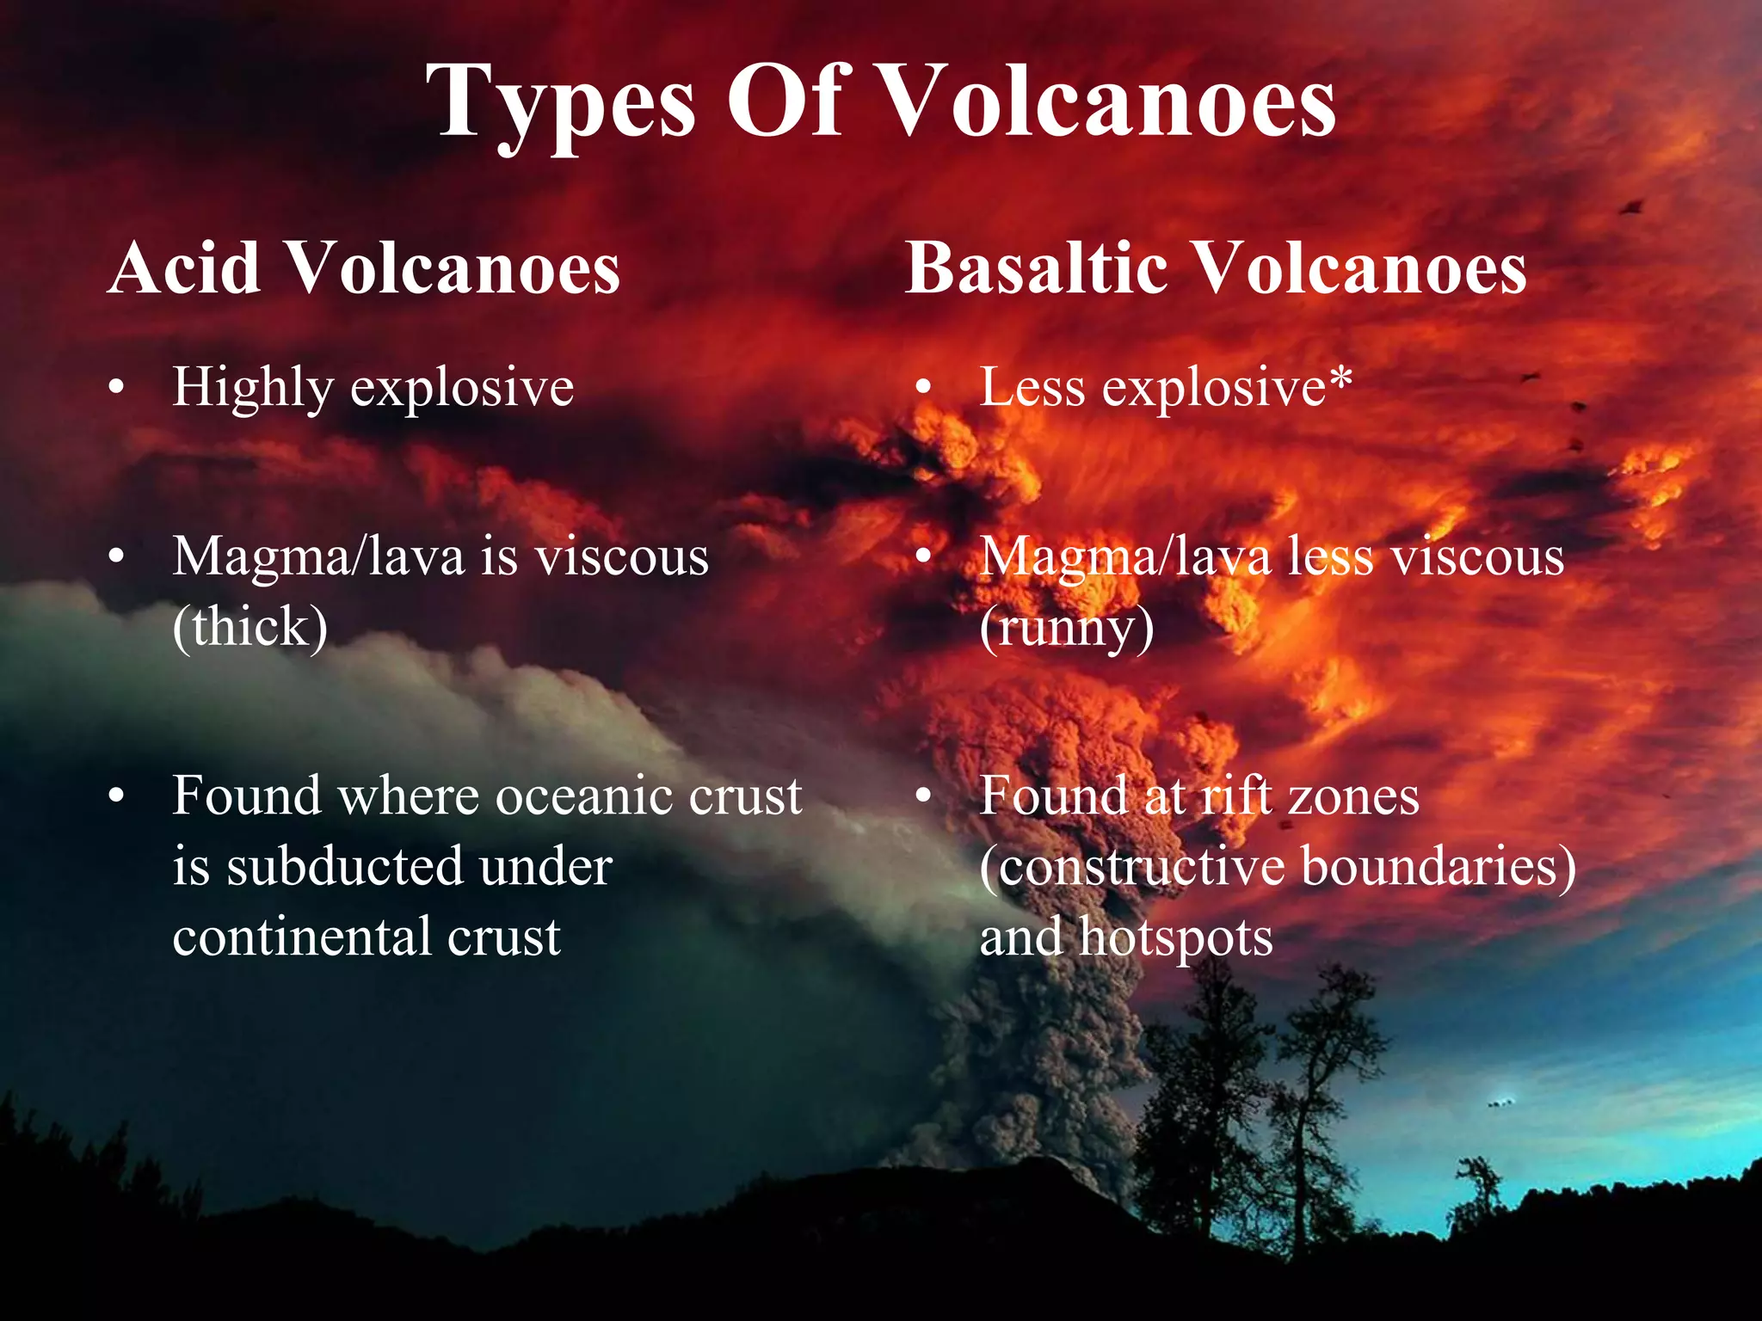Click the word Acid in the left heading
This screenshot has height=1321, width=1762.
coord(185,268)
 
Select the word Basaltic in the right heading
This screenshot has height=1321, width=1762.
coord(1035,268)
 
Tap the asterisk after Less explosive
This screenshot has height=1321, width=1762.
coord(1340,378)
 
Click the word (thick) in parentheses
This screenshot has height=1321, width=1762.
coord(250,626)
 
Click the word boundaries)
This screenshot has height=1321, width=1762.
coord(1439,866)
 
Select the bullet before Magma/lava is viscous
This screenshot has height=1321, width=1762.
coord(117,557)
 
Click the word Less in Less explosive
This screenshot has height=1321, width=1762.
coord(1032,388)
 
